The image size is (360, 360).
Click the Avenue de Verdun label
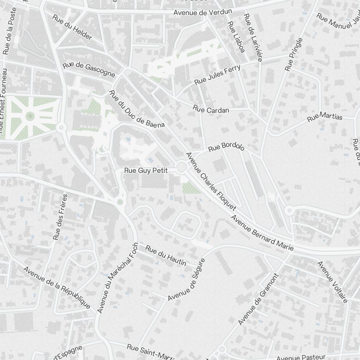[202, 12]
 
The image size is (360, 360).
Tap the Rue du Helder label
[72, 27]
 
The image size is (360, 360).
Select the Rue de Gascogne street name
[89, 70]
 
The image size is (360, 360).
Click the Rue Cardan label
[211, 109]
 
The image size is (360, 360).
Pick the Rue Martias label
[325, 117]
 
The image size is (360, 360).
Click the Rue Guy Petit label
[146, 171]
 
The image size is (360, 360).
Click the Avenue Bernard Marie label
[262, 233]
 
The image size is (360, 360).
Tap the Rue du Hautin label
[166, 255]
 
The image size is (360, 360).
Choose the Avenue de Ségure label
[186, 279]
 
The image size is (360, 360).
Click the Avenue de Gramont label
[258, 298]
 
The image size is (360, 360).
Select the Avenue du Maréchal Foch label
[117, 278]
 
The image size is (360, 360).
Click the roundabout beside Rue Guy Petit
[181, 167]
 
